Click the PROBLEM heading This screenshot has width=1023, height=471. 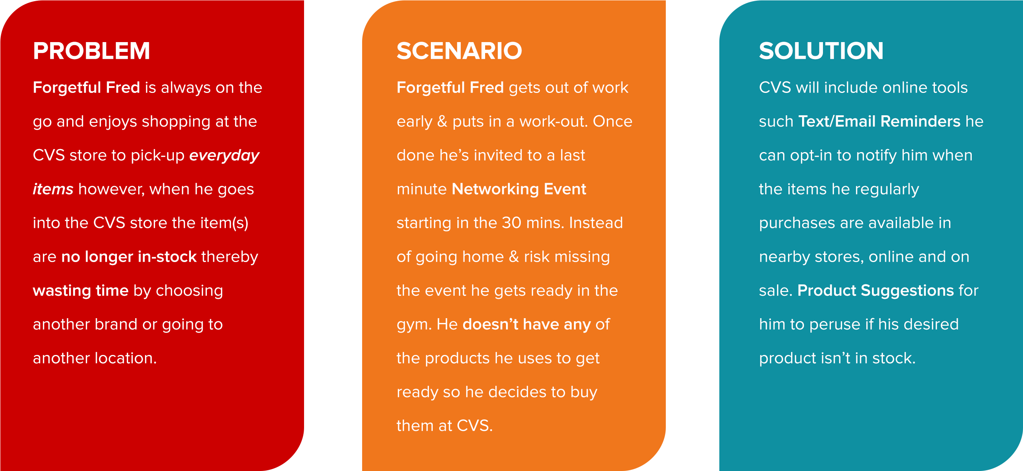click(x=91, y=51)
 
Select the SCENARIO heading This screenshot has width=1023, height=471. click(x=459, y=51)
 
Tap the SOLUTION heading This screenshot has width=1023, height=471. click(x=821, y=51)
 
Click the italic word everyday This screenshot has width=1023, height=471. click(x=224, y=155)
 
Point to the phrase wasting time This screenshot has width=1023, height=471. click(x=80, y=290)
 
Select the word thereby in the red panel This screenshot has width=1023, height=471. click(x=230, y=257)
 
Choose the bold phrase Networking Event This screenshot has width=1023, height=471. click(x=519, y=189)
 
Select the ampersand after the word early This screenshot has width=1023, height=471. click(x=442, y=121)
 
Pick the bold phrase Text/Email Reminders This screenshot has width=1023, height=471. click(x=879, y=121)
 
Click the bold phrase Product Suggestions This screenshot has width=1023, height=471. click(x=875, y=290)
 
